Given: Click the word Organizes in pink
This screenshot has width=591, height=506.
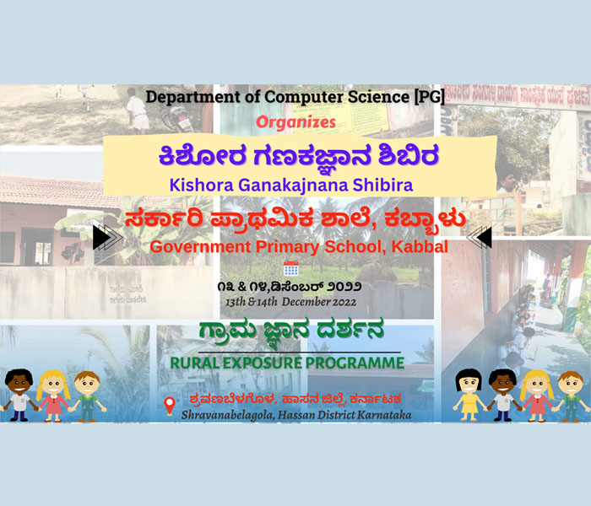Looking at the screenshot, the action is [295, 122].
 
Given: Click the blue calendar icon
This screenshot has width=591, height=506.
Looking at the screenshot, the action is [291, 268].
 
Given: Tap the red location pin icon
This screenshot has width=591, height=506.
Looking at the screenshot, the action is [170, 406].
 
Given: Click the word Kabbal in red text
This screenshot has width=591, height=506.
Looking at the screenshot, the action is [420, 247].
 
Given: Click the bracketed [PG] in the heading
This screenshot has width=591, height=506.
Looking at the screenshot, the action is [429, 97].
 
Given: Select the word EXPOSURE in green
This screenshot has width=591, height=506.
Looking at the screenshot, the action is [262, 363].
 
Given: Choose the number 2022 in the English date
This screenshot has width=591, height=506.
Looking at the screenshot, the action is [344, 302].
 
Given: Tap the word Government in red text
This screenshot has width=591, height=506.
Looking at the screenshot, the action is [201, 247].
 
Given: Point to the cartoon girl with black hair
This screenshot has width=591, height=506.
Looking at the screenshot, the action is [468, 394].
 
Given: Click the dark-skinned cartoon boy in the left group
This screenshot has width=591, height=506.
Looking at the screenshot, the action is [19, 395].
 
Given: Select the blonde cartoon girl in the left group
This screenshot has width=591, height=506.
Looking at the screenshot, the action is [53, 396].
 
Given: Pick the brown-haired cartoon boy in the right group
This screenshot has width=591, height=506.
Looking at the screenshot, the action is [571, 396].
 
